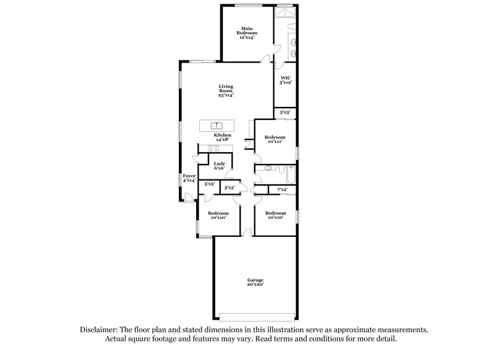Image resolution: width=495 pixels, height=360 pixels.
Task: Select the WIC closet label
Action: pos(286,79)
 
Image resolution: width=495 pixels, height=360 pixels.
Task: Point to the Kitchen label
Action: pos(223,137)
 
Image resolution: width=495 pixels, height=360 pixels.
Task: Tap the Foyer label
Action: pos(189,178)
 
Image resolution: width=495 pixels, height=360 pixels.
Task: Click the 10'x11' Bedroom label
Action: pos(275,139)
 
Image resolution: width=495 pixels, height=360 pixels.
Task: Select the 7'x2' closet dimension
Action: pos(283,189)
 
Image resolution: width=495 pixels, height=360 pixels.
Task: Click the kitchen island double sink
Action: pos(217,126)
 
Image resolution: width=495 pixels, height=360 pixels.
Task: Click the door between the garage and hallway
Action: pos(247,233)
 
